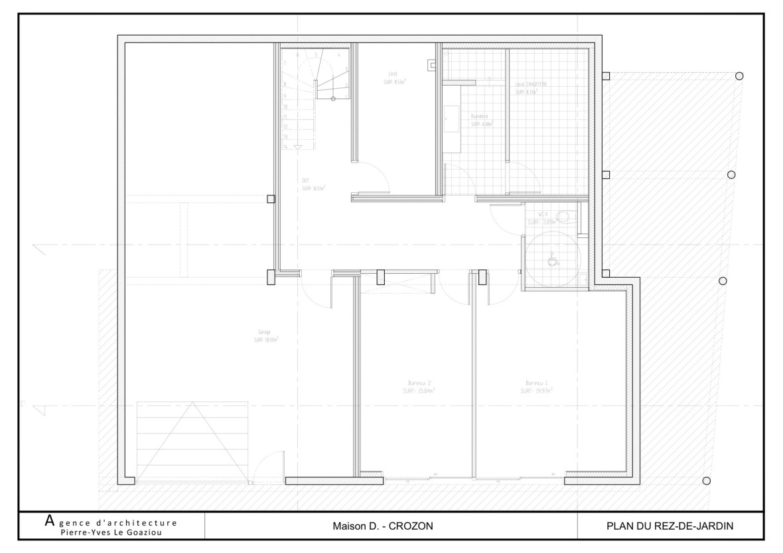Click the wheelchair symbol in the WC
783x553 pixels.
click(550, 261)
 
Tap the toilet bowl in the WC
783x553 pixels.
click(565, 215)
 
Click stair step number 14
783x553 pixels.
click(285, 146)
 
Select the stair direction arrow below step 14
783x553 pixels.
click(297, 147)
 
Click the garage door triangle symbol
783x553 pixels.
click(192, 441)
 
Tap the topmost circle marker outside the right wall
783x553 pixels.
click(739, 76)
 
